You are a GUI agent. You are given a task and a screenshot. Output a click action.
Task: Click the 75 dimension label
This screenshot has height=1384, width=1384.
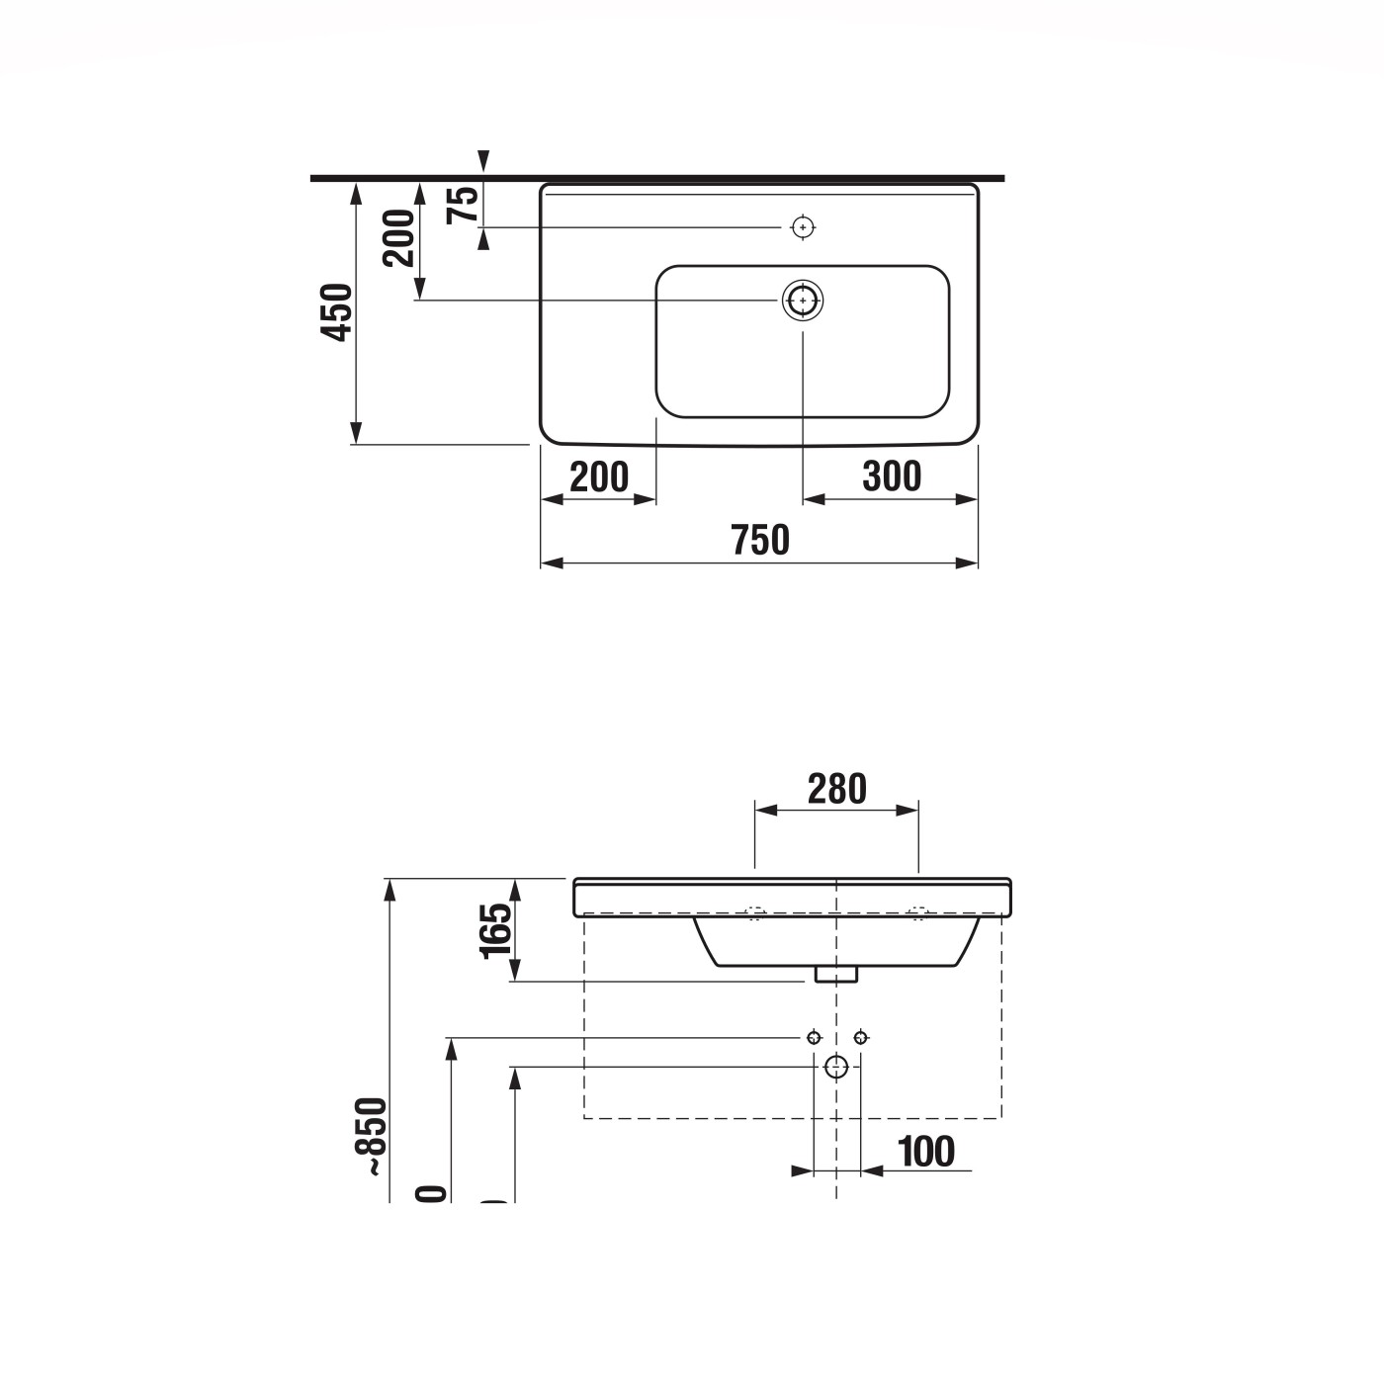click(463, 204)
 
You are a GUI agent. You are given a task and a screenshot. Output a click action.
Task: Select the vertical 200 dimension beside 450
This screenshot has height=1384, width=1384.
click(399, 238)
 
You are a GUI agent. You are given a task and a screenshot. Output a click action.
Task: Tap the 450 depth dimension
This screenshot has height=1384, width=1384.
click(337, 312)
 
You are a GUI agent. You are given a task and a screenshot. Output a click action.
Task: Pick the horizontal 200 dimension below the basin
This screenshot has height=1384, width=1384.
click(599, 477)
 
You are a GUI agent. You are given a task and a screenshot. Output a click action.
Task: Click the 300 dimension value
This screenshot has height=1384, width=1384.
click(892, 476)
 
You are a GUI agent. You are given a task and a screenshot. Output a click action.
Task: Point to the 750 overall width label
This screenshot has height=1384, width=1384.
click(760, 541)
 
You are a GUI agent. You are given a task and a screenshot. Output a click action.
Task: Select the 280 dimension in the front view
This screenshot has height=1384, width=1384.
click(836, 789)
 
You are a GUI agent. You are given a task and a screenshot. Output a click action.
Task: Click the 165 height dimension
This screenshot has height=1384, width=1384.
click(496, 930)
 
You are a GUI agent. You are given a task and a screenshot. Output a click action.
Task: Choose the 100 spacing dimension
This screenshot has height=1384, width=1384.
click(926, 1152)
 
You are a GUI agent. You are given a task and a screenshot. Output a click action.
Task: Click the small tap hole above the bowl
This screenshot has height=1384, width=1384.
click(803, 227)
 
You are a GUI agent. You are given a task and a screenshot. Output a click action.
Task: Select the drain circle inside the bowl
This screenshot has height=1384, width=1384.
click(803, 300)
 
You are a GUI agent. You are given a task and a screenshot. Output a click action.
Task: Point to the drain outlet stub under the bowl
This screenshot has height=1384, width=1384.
click(836, 975)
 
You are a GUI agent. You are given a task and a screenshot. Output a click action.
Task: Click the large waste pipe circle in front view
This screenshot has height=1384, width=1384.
click(836, 1066)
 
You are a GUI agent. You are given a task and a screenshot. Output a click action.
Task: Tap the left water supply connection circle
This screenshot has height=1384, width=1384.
click(814, 1037)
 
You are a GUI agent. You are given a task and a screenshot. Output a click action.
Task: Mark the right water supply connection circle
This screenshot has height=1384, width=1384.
click(860, 1037)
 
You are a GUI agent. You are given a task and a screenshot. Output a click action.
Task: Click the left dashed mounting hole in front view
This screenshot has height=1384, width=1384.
click(755, 913)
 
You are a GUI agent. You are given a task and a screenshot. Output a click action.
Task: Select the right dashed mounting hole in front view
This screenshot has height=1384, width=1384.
click(917, 913)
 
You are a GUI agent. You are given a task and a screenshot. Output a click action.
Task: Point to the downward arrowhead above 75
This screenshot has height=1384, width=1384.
click(482, 162)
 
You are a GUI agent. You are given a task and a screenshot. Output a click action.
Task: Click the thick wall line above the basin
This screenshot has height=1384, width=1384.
click(657, 178)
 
